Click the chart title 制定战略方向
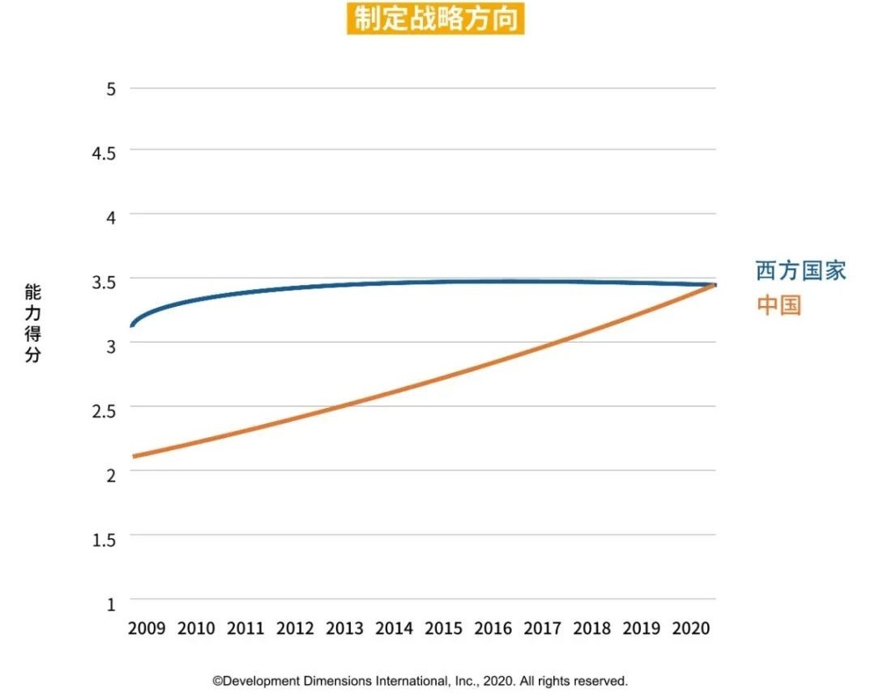(x=436, y=19)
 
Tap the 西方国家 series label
(x=800, y=270)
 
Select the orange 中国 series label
(x=779, y=305)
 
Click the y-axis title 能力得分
(x=32, y=323)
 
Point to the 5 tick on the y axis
(x=111, y=88)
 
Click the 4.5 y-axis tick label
(x=105, y=152)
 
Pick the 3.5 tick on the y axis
(x=105, y=281)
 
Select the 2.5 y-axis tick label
(x=105, y=409)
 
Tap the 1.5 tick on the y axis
(x=105, y=538)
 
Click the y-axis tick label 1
(x=111, y=603)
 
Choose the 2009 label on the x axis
(x=147, y=628)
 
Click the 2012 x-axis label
(x=295, y=628)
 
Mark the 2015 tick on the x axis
(x=443, y=628)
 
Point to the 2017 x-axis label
(x=542, y=628)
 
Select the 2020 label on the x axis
(x=690, y=628)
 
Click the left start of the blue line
(x=132, y=325)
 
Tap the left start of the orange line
(x=134, y=457)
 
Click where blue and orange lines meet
(x=713, y=285)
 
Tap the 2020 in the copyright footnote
(x=494, y=681)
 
